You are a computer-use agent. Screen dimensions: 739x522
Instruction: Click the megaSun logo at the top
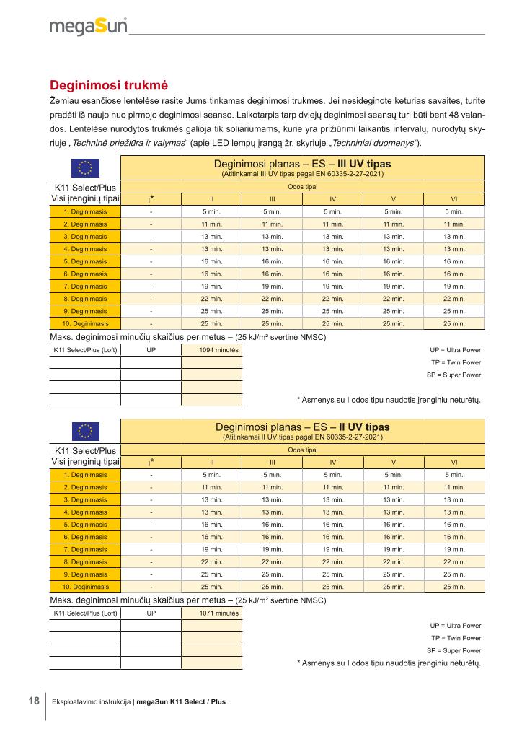(x=88, y=27)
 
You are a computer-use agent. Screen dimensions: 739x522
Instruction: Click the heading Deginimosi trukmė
(x=108, y=84)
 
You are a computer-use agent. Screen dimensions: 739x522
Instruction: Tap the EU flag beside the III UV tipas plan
(x=85, y=168)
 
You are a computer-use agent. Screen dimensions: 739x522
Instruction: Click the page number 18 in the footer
(x=34, y=701)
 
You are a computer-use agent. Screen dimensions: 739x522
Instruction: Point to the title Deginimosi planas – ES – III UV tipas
(x=302, y=164)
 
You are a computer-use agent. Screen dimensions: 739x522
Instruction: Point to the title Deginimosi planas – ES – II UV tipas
(x=302, y=427)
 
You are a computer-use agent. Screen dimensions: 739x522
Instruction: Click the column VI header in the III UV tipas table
(x=454, y=199)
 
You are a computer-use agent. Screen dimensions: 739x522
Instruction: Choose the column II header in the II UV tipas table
(x=211, y=463)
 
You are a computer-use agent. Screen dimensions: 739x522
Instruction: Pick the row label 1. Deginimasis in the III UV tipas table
(x=85, y=212)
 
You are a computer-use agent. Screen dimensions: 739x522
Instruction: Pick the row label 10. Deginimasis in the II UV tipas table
(x=85, y=586)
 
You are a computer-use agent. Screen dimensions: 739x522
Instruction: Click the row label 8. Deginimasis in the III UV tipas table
(x=85, y=298)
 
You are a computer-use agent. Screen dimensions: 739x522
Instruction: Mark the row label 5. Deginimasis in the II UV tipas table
(x=85, y=525)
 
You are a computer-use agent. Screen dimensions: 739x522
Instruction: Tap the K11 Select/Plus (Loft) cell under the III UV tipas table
(x=85, y=350)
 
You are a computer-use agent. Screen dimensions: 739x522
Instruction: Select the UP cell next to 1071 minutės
(x=151, y=613)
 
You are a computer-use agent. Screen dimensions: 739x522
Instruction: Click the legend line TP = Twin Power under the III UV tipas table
(x=456, y=362)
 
